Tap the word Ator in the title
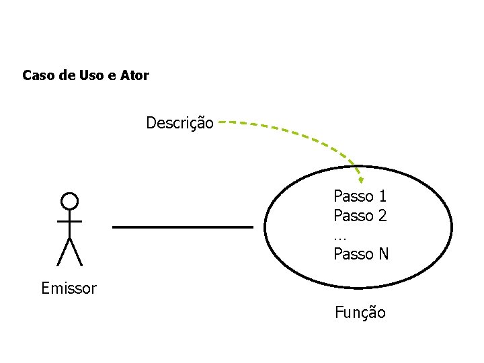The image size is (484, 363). [x=134, y=75]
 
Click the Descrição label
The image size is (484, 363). [x=179, y=124]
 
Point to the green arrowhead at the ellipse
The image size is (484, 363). [x=360, y=179]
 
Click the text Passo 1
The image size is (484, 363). [x=360, y=196]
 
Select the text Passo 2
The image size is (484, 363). [x=360, y=216]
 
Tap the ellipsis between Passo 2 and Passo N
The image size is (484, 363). [x=339, y=237]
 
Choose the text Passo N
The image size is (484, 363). [x=361, y=254]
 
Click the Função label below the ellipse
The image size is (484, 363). [x=360, y=313]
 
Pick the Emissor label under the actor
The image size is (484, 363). [x=69, y=289]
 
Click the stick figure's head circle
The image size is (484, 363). [x=69, y=200]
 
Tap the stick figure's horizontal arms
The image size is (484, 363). [x=69, y=220]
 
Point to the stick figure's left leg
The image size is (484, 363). [x=63, y=251]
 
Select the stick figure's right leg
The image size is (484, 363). [x=76, y=251]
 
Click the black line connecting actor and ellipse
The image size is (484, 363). [x=182, y=227]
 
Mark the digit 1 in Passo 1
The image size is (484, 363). [x=382, y=196]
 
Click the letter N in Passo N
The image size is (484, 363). [x=383, y=254]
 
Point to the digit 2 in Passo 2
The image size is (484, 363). [x=382, y=216]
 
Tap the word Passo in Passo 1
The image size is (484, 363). [x=354, y=196]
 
